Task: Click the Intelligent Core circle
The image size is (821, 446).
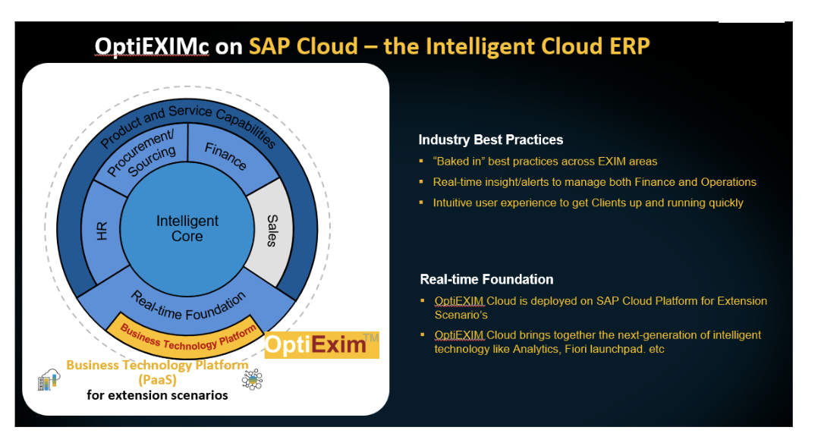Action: coord(187,228)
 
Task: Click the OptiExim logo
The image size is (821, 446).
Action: coord(321,346)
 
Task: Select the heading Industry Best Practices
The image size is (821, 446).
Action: coord(491,140)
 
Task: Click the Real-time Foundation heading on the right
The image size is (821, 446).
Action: coord(486,279)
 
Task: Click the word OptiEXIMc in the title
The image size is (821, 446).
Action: coord(153,46)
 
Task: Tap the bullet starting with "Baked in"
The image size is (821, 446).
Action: coord(545,162)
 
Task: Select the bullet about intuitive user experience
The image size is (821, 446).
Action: coord(588,203)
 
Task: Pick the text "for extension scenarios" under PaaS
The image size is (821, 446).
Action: coord(157,395)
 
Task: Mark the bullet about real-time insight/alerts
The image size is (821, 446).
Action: coord(594,182)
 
